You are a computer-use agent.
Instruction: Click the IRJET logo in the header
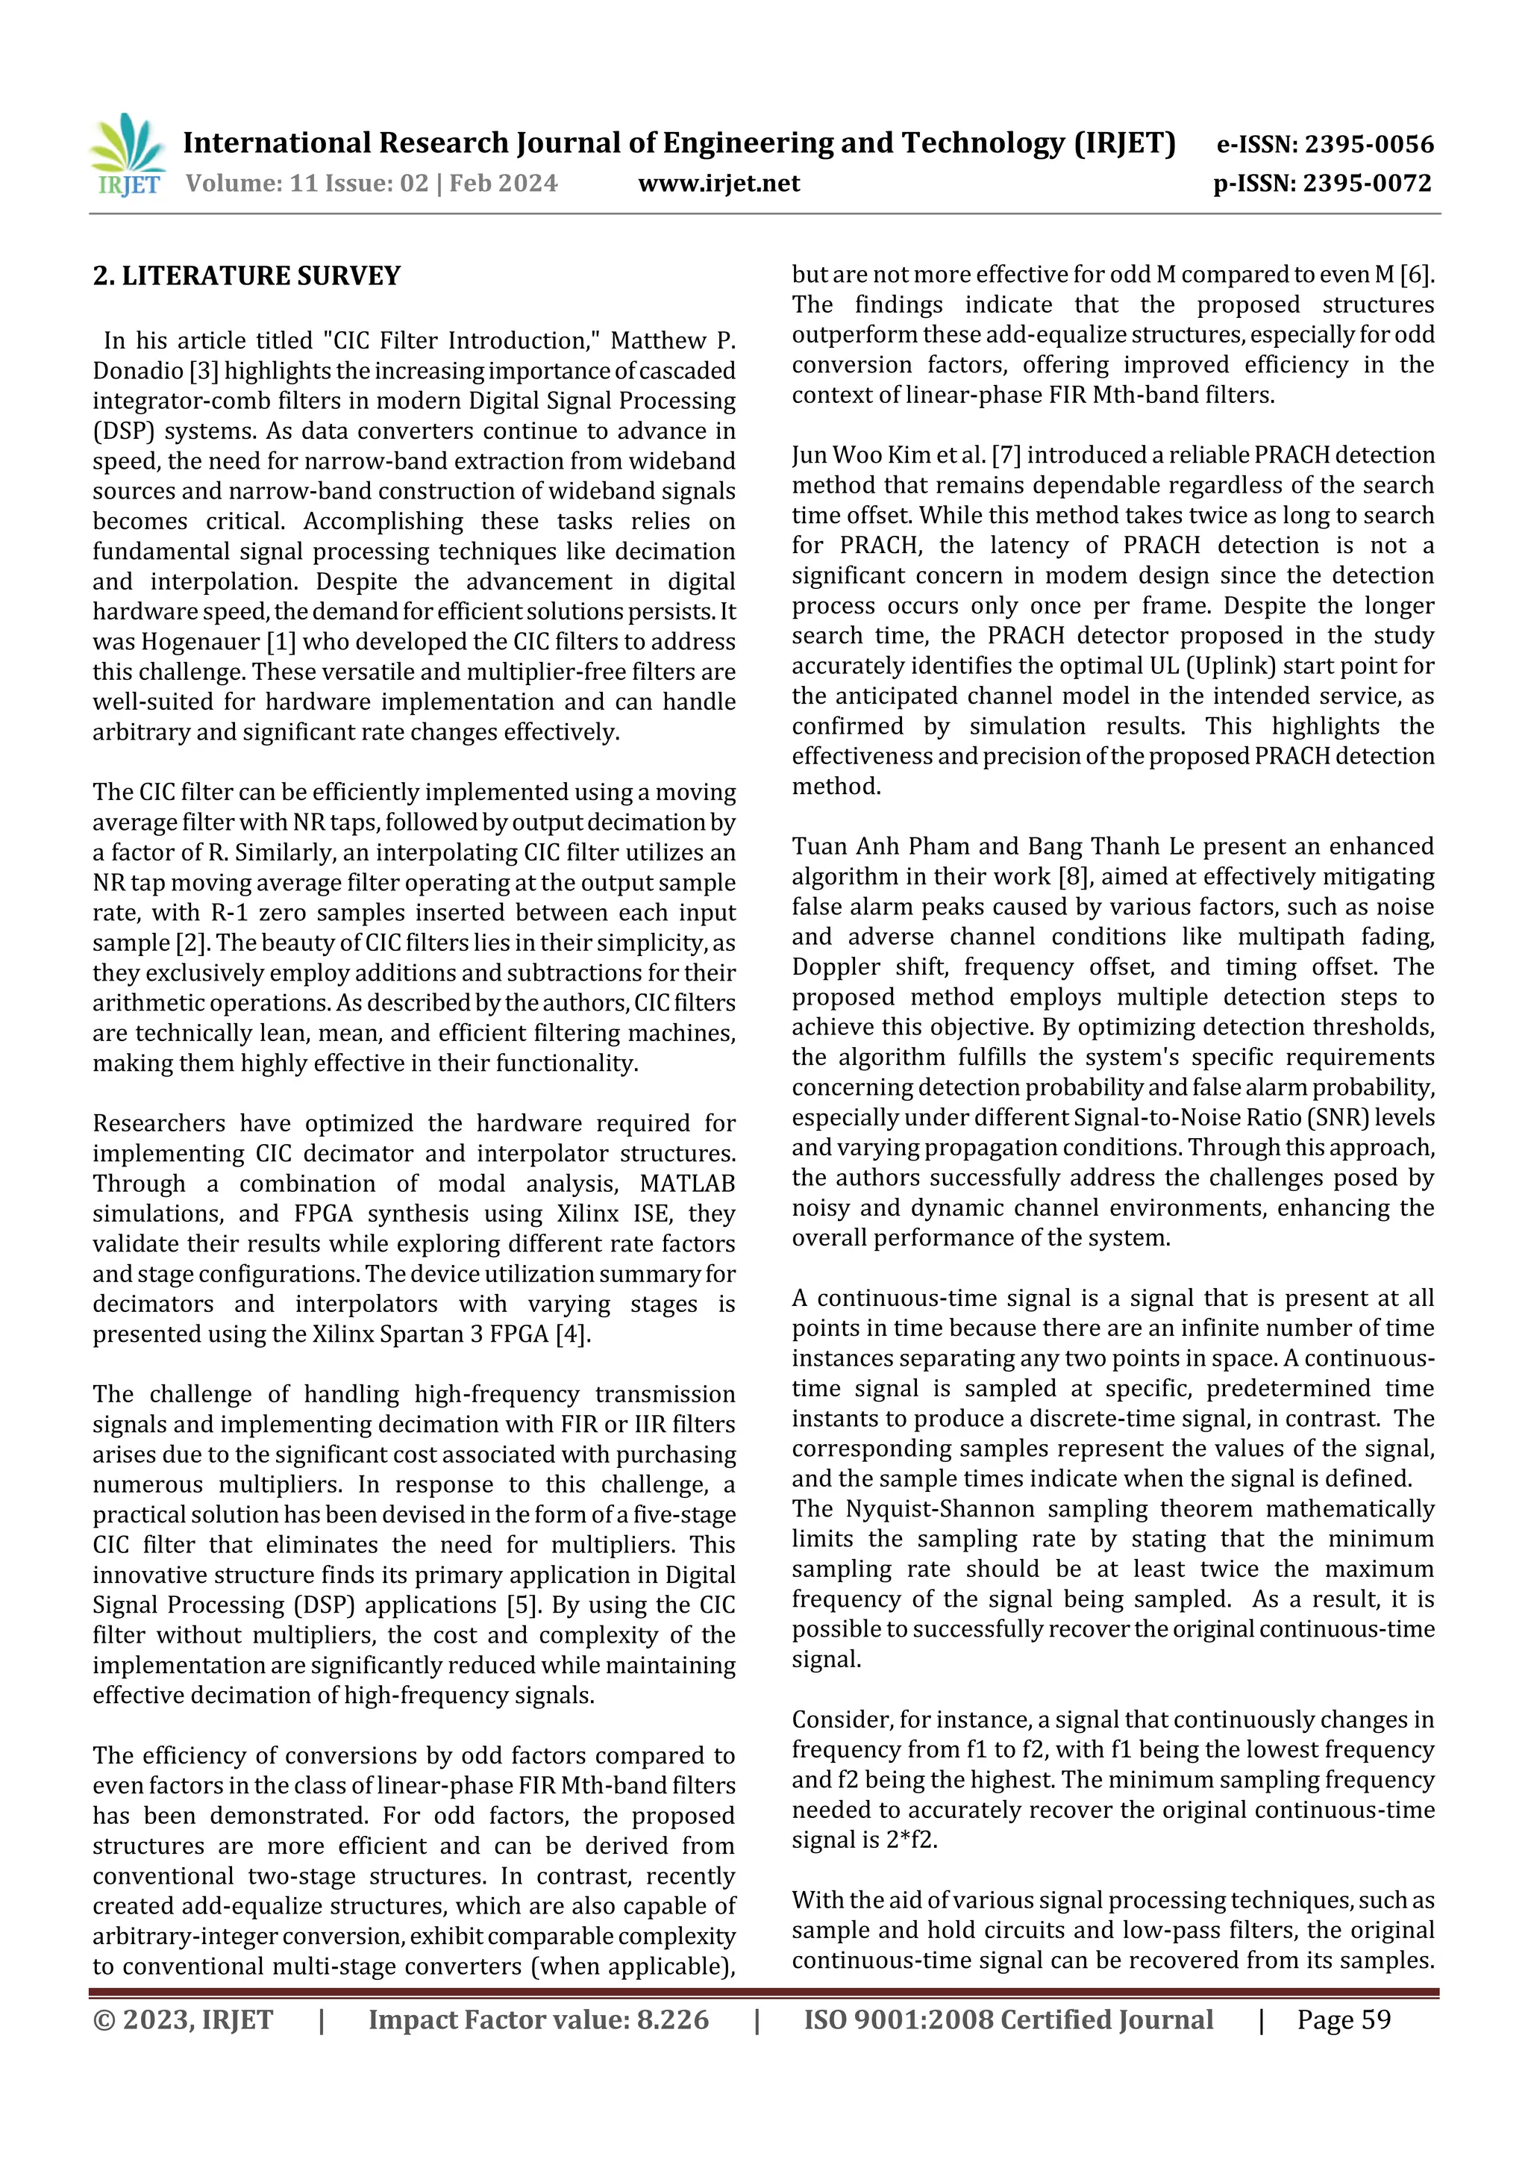click(127, 155)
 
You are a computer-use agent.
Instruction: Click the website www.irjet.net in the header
click(718, 183)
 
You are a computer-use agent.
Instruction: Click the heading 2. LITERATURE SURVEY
click(247, 276)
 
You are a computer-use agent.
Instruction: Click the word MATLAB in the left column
click(687, 1184)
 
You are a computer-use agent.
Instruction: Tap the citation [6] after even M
click(1416, 274)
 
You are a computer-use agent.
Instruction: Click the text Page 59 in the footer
click(1344, 2019)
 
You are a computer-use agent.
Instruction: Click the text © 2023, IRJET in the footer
click(183, 2019)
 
